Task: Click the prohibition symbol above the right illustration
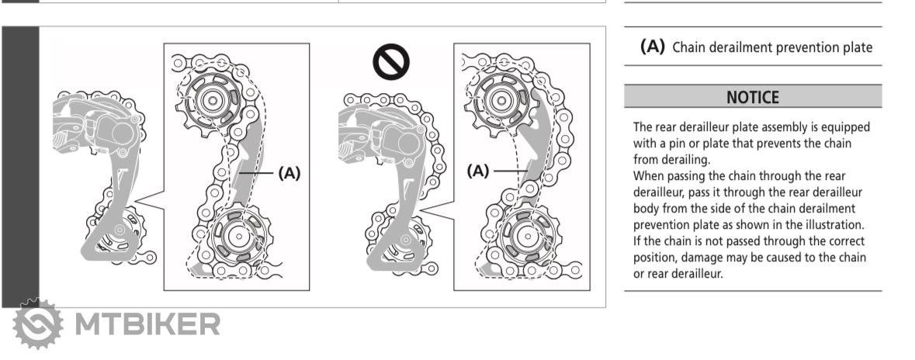pyautogui.click(x=391, y=62)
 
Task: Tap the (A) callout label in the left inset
pyautogui.click(x=289, y=173)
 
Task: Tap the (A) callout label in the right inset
pyautogui.click(x=478, y=171)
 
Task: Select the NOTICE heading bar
pyautogui.click(x=753, y=96)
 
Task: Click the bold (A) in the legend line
pyautogui.click(x=653, y=47)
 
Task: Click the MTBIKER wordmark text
pyautogui.click(x=147, y=324)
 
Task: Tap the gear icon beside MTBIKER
pyautogui.click(x=38, y=324)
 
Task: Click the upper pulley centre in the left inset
pyautogui.click(x=212, y=100)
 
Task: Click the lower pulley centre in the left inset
pyautogui.click(x=238, y=237)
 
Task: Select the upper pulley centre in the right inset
pyautogui.click(x=501, y=100)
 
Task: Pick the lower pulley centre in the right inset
pyautogui.click(x=528, y=236)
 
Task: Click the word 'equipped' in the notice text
pyautogui.click(x=847, y=128)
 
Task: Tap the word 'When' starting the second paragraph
pyautogui.click(x=646, y=176)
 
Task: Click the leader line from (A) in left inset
pyautogui.click(x=256, y=173)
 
